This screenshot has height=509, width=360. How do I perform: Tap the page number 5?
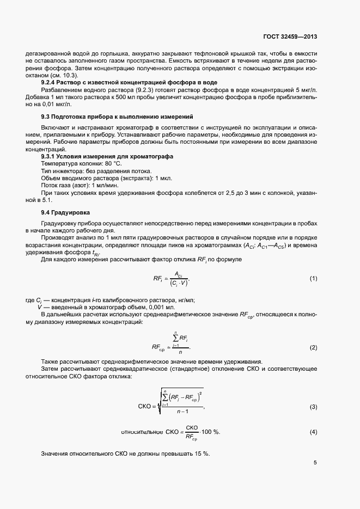(315, 463)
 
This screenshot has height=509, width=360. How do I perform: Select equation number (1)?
(313, 279)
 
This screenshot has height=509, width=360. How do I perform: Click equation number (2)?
(313, 347)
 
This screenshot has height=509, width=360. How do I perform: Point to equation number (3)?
(313, 407)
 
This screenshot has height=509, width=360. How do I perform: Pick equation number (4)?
(313, 432)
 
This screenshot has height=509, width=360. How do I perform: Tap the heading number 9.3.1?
(50, 156)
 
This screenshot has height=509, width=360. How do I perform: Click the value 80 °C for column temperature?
(113, 163)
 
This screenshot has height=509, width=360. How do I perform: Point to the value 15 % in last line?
(204, 454)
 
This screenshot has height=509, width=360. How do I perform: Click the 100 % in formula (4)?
(210, 432)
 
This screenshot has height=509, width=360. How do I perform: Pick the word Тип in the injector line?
(47, 171)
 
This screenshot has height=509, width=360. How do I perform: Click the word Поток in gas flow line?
(51, 185)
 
